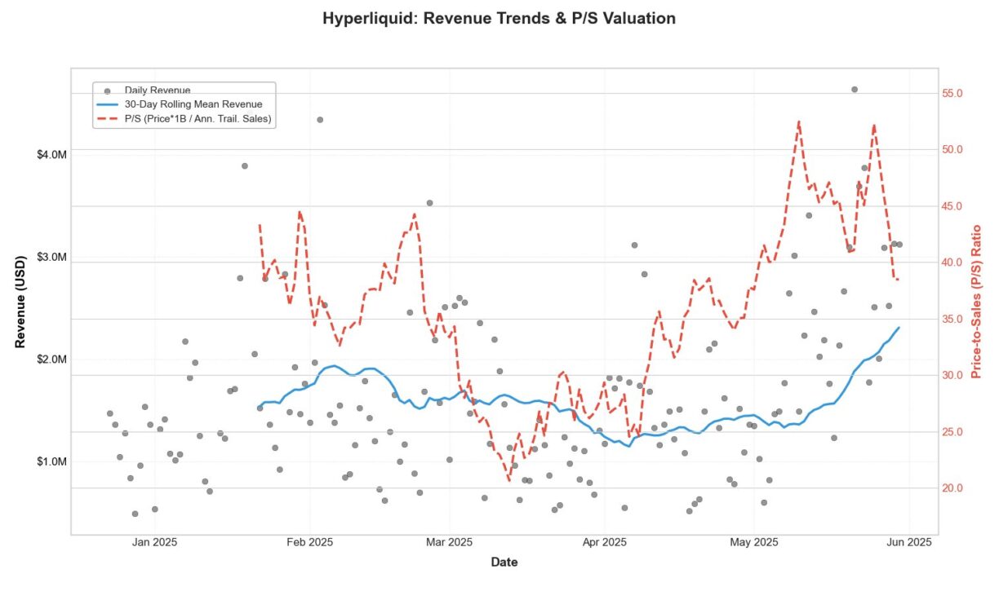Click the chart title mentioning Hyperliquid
point(499,18)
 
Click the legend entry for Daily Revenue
point(157,90)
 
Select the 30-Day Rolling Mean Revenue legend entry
point(193,104)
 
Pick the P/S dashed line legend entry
point(198,119)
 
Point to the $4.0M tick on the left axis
point(52,155)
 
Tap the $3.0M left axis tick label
point(52,258)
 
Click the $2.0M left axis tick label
point(52,360)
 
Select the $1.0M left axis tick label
point(52,461)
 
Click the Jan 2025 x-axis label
point(155,542)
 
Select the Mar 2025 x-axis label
point(450,542)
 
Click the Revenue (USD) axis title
point(21,302)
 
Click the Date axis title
point(504,562)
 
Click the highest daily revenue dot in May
point(854,90)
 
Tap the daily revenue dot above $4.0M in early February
point(320,120)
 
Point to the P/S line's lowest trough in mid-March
point(508,480)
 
